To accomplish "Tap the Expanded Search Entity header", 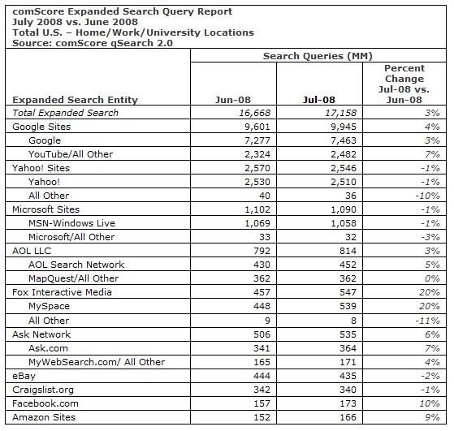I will point(76,100).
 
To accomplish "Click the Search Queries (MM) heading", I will point(313,56).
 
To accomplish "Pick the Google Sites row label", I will point(41,127).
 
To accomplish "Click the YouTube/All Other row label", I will point(71,154).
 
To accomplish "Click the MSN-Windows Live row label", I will point(71,223).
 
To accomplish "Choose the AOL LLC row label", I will point(32,251).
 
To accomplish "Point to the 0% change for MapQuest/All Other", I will point(431,278).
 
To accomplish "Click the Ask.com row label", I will point(48,347).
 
